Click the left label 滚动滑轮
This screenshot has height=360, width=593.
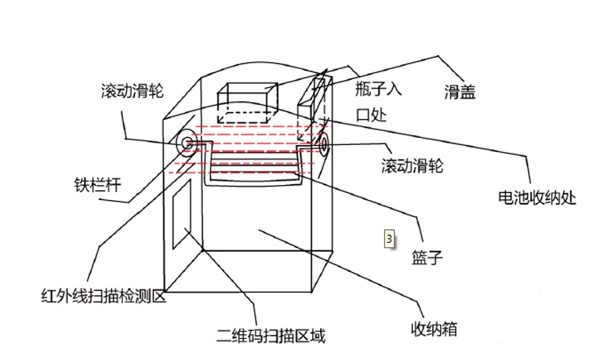[x=133, y=91]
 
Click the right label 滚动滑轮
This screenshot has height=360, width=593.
[x=414, y=166]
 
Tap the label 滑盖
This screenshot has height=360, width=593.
[x=459, y=91]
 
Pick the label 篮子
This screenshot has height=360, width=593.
[x=427, y=256]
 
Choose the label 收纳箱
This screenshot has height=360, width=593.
[x=433, y=329]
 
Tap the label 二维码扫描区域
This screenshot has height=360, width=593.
[x=274, y=334]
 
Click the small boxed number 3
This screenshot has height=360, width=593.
[x=389, y=239]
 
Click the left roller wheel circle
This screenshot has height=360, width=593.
[x=188, y=143]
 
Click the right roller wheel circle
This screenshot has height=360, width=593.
[x=323, y=146]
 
